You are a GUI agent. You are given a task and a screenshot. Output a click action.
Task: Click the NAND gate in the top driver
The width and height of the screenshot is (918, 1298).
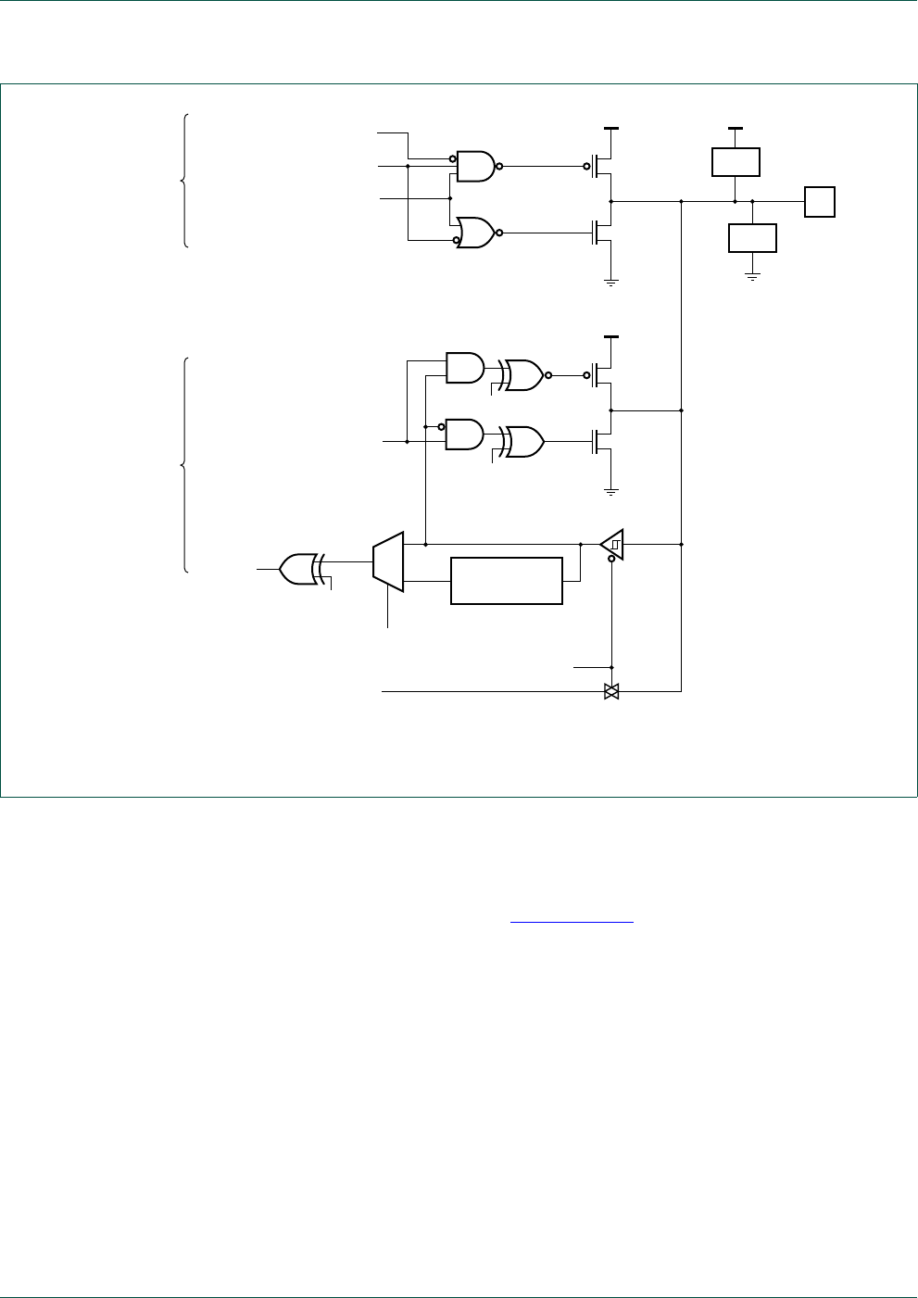[475, 167]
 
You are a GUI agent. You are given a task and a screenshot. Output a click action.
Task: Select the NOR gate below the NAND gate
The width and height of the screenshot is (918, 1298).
[475, 233]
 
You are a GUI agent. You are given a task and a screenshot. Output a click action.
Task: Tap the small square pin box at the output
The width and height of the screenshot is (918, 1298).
[820, 201]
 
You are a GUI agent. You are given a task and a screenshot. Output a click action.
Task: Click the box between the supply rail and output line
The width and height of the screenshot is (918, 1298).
[736, 161]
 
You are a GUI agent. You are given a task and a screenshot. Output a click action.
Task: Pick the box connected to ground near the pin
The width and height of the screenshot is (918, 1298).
[752, 238]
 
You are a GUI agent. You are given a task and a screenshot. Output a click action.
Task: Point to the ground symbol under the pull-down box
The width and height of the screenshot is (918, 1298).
[752, 276]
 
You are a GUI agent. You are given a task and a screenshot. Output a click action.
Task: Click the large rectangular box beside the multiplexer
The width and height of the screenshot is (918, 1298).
[507, 581]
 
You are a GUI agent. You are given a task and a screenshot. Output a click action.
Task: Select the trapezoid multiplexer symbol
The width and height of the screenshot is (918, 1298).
[388, 561]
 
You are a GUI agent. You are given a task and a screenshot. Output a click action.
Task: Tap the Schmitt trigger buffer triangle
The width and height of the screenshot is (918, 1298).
[612, 545]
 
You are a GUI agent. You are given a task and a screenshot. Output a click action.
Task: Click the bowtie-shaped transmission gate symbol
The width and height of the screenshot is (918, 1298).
[611, 691]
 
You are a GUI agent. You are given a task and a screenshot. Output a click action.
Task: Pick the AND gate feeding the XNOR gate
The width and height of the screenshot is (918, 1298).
[464, 367]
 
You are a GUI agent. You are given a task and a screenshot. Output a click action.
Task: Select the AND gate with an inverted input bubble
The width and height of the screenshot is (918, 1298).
[464, 434]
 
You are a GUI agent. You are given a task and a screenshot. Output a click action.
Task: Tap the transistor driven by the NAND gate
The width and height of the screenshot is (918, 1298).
[602, 167]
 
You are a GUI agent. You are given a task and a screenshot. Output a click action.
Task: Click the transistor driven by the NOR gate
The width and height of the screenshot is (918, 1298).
[602, 233]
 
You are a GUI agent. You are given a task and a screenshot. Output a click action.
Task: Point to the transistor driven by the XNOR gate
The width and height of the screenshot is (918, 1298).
[602, 375]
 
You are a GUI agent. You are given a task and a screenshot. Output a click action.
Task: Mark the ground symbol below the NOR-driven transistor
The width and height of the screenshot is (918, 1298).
[611, 281]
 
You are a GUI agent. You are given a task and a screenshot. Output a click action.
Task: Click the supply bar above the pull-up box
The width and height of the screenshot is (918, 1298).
[736, 127]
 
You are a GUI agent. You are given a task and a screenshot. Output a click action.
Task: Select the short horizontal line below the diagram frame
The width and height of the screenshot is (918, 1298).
[572, 922]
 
